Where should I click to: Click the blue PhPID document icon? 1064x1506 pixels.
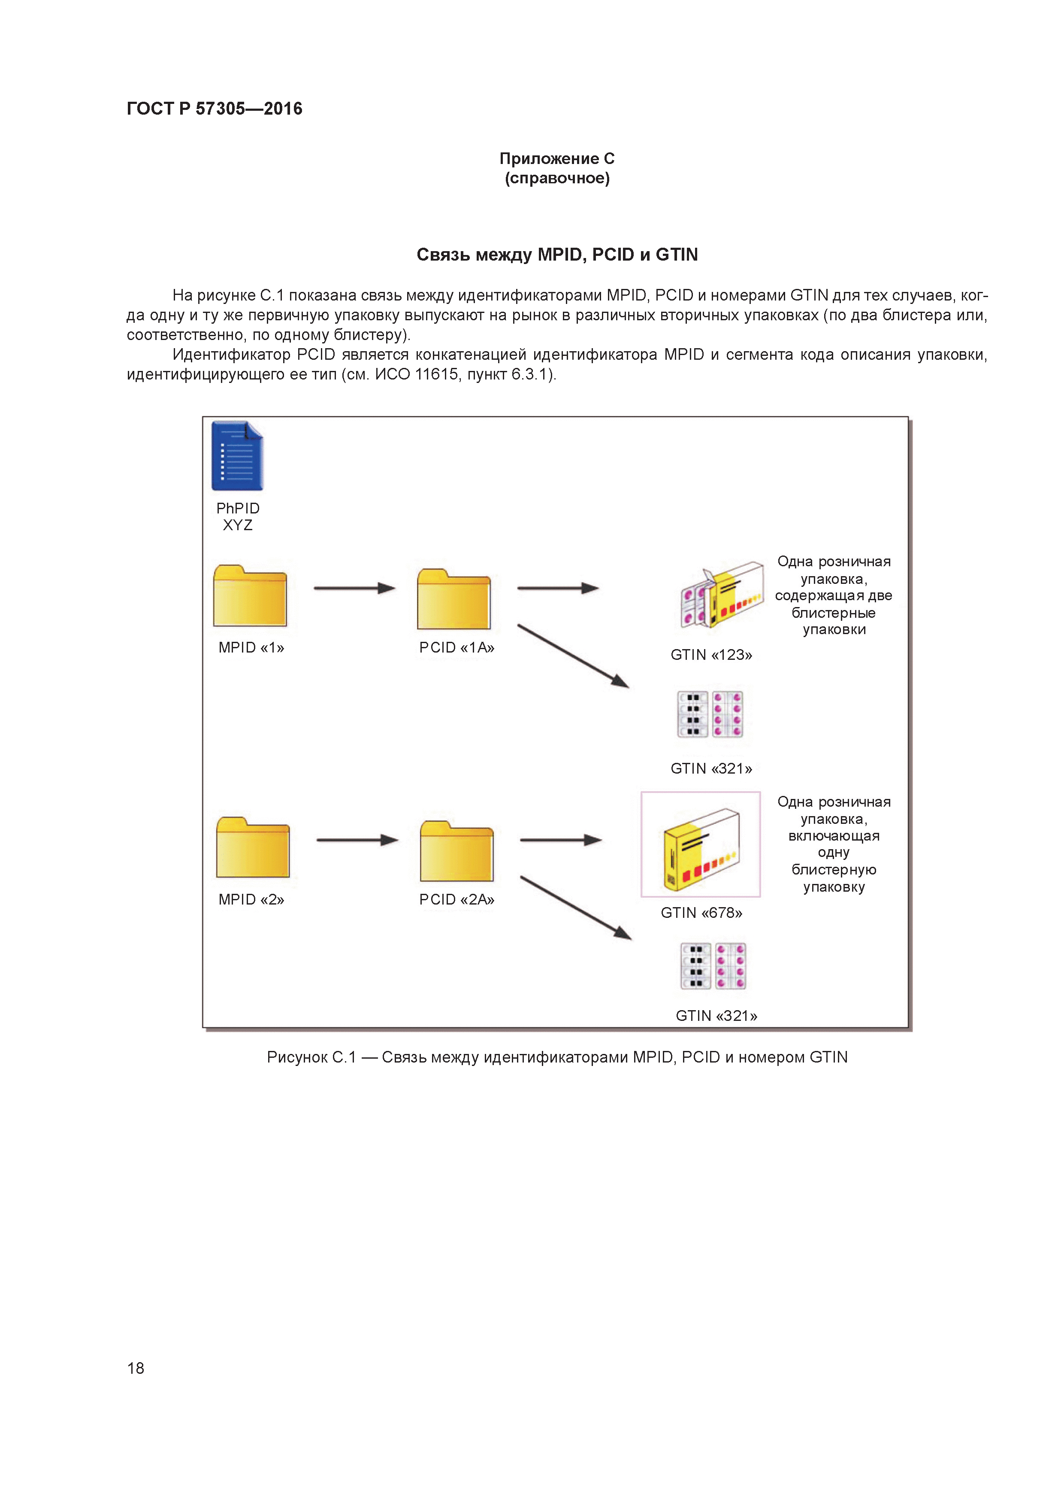[237, 456]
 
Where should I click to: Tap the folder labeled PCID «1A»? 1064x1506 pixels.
[453, 599]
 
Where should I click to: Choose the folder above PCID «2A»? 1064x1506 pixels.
[456, 851]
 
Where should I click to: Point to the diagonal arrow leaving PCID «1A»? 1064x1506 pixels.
[573, 656]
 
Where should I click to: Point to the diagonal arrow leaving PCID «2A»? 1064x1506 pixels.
[576, 908]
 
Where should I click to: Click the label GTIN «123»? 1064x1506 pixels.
[711, 655]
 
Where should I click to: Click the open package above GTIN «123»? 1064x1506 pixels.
[721, 595]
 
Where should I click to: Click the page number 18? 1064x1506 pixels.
[136, 1368]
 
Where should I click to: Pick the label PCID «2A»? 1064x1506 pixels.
[456, 899]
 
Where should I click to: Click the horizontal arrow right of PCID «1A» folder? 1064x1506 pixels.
[557, 589]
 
